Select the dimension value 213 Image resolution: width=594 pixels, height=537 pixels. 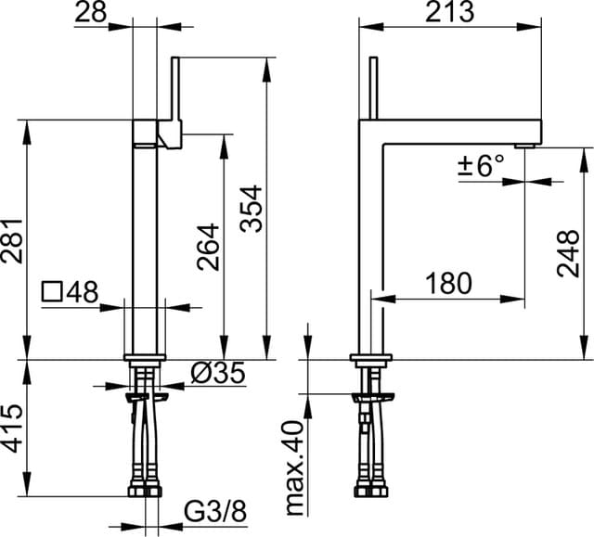coord(449,12)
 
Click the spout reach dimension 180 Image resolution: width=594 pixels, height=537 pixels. coord(448,283)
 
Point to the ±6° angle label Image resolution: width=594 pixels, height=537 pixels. coord(481,167)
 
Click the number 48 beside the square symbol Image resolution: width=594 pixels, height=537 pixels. coord(82,292)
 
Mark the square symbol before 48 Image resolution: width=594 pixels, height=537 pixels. coord(52,292)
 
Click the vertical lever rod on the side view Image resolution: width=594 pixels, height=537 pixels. coord(374,88)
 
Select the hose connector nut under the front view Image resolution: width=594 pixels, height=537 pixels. coord(145,491)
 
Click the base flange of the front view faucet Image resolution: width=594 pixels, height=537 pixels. coord(145,357)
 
